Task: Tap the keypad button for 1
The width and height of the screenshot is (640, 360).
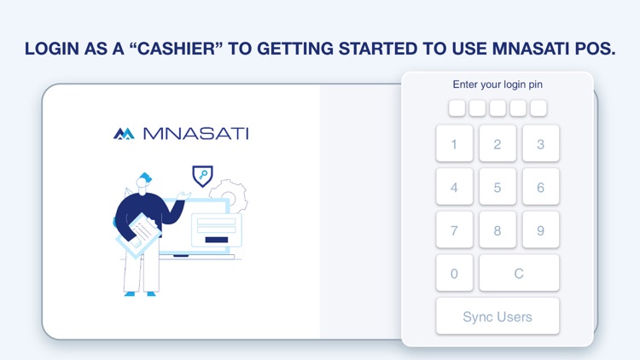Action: tap(454, 144)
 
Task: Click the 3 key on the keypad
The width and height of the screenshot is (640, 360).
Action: tap(540, 144)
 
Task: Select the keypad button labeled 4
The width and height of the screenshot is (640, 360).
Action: tap(454, 187)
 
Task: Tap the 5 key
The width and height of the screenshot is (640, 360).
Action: tap(497, 187)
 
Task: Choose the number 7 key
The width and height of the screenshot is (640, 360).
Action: tap(454, 230)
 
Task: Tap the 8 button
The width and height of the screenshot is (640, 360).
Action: tap(497, 230)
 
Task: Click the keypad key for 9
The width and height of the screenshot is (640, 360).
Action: tap(540, 230)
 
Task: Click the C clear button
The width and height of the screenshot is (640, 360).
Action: tap(519, 273)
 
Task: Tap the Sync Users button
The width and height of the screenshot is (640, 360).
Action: tap(497, 316)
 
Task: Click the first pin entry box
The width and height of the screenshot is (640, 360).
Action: tap(457, 108)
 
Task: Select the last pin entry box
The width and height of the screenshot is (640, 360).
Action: tap(538, 108)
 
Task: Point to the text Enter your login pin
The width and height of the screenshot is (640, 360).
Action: tap(497, 84)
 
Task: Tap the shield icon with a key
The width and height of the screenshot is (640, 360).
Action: tap(202, 176)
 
